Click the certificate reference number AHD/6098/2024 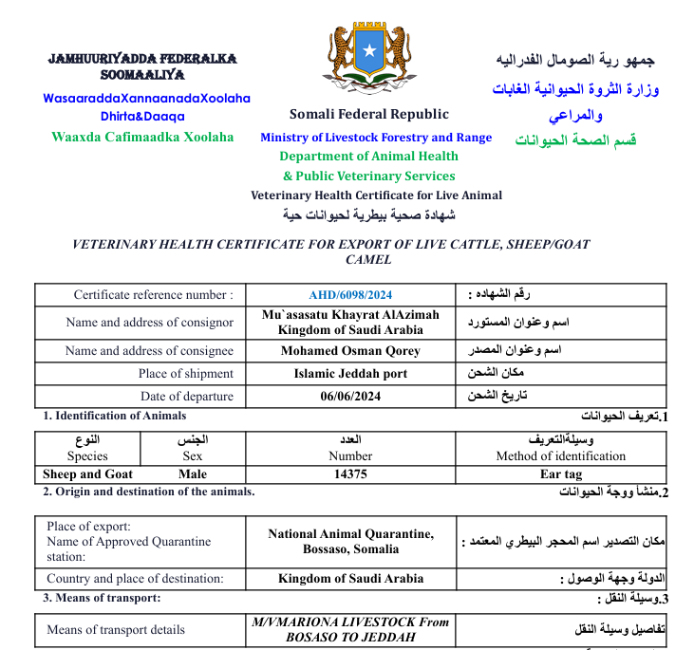(x=350, y=295)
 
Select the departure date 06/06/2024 (x=350, y=397)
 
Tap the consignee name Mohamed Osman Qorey (x=350, y=351)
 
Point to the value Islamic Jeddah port (x=350, y=374)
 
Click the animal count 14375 (x=350, y=474)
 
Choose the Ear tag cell (x=560, y=474)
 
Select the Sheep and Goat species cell (x=87, y=474)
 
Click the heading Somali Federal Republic (x=369, y=115)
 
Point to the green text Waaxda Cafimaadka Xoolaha (x=142, y=137)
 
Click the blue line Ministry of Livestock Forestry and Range (x=376, y=138)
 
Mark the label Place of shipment (x=185, y=374)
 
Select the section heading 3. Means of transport (x=102, y=598)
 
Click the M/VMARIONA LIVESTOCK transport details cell (x=350, y=629)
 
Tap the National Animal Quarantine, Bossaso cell (x=350, y=542)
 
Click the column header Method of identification (x=560, y=455)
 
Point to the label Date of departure (x=186, y=397)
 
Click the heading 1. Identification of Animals (x=114, y=416)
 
